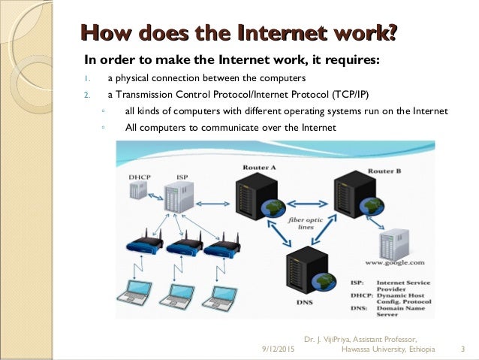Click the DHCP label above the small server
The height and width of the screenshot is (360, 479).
click(x=139, y=177)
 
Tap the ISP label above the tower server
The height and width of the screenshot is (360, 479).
click(x=182, y=177)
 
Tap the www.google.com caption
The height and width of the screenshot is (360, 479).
click(x=395, y=263)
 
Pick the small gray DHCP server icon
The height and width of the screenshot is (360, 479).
click(x=138, y=191)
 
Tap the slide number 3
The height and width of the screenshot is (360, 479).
click(x=462, y=349)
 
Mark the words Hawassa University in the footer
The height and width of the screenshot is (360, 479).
click(x=375, y=349)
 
